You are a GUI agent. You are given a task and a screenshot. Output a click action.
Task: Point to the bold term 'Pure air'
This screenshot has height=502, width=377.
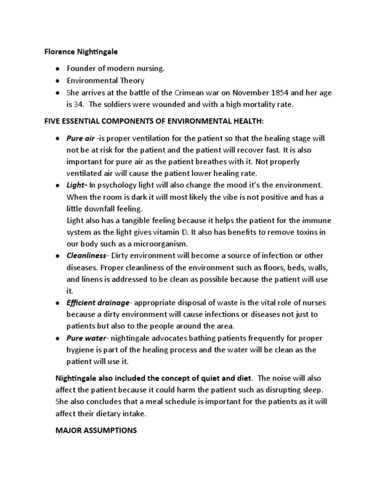81,139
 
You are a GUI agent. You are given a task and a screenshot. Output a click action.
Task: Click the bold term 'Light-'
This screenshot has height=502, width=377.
77,185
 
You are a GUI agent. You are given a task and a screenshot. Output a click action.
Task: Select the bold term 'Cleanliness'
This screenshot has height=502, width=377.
86,255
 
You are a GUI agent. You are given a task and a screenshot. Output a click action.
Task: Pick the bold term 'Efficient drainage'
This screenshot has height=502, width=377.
98,302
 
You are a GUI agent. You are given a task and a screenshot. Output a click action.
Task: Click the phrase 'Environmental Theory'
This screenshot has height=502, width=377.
106,80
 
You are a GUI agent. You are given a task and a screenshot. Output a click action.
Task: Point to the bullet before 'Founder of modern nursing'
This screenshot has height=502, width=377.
57,69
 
